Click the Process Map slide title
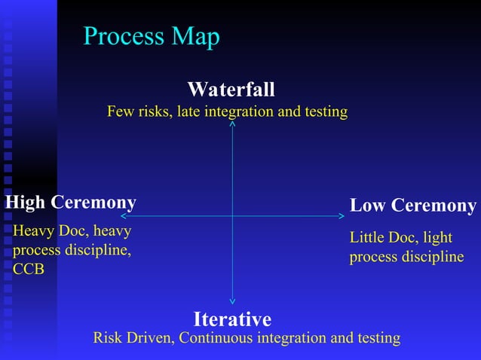point(151,36)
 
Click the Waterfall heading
point(231,90)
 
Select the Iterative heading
point(232,318)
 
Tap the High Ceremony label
point(71,203)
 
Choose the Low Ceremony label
point(413,206)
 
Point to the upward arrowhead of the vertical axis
point(232,123)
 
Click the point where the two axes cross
point(232,216)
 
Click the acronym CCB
point(29,269)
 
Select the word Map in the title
point(195,36)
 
